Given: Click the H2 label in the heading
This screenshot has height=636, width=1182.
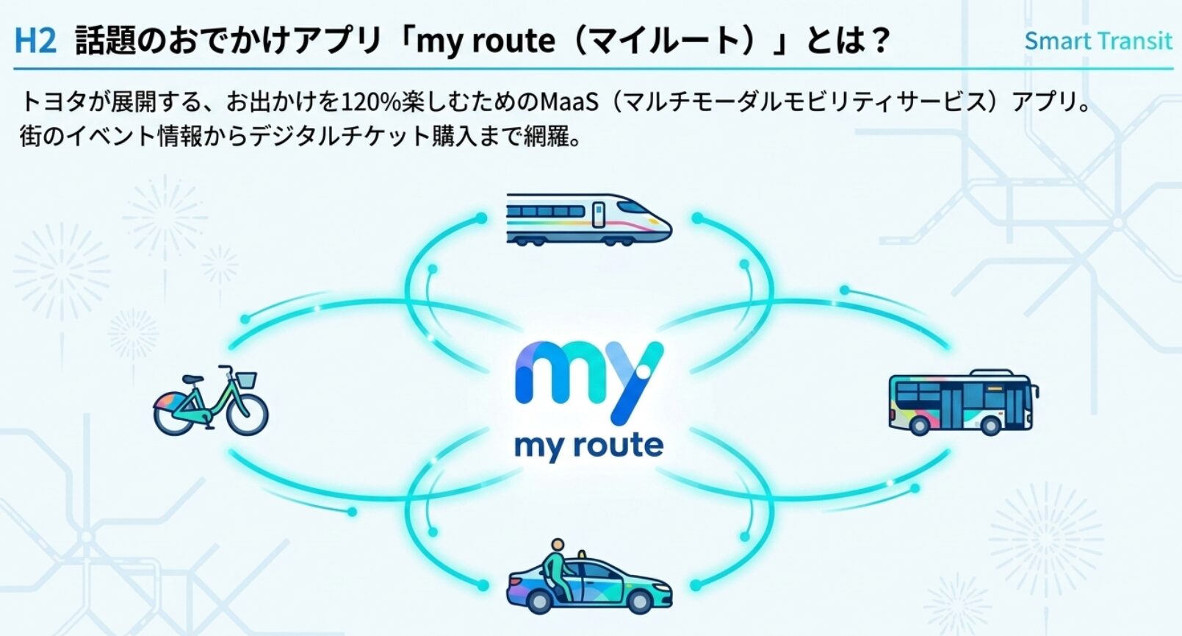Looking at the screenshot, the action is [x=35, y=41].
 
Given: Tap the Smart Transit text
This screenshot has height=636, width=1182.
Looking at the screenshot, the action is [x=1098, y=41].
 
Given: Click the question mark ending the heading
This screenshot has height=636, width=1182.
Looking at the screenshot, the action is [x=878, y=40].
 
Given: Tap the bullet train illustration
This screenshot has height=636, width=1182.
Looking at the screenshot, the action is [x=589, y=220].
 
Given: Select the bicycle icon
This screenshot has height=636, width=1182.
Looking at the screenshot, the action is [x=211, y=401].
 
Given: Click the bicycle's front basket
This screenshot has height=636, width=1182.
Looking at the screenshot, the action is [x=246, y=380].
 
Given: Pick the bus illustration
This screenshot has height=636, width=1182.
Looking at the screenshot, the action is [x=964, y=402].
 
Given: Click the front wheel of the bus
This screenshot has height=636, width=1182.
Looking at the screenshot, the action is [x=990, y=425].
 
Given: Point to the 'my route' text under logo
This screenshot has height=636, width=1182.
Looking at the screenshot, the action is [x=589, y=447].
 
